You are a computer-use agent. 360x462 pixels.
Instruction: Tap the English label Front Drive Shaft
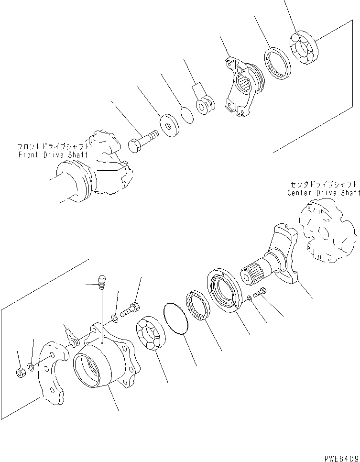coord(53,155)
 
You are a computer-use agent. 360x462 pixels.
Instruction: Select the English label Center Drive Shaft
coord(324,193)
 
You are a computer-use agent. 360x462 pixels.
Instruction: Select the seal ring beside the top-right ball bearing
coord(276,62)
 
